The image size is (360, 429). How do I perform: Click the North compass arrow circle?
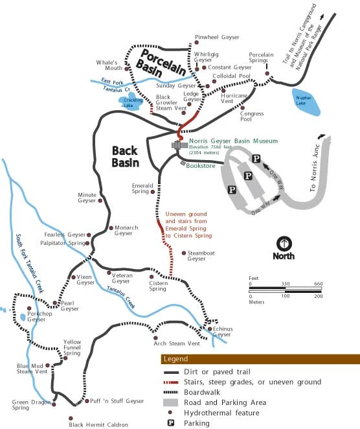click(x=284, y=244)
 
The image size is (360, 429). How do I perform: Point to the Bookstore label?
click(x=200, y=165)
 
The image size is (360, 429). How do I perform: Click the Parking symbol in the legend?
click(x=171, y=423)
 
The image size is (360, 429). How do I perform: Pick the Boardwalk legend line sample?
click(x=171, y=393)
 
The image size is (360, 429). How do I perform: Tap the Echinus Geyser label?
click(x=221, y=332)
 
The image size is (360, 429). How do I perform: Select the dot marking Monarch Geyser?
click(x=111, y=227)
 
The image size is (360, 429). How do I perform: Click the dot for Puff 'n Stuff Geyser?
click(x=87, y=401)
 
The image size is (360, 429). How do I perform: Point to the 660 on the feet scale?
click(x=318, y=284)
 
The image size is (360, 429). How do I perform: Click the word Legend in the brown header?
click(x=175, y=359)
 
